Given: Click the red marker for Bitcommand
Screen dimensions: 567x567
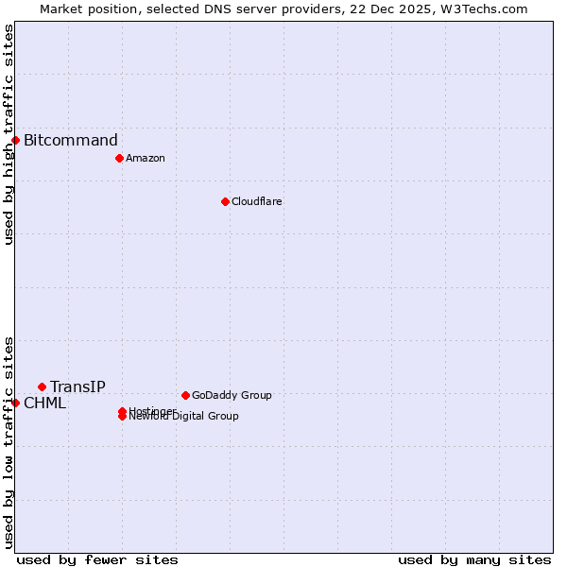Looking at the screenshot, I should click(x=16, y=141).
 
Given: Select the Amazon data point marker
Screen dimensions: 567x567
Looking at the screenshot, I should click(x=119, y=158).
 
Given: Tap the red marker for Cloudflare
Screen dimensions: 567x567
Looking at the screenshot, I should click(x=225, y=201).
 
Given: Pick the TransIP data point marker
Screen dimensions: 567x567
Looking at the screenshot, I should click(x=42, y=387).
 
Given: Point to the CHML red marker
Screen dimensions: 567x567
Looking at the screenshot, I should click(x=16, y=403).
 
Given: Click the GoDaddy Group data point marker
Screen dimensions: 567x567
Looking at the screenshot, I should click(x=185, y=395).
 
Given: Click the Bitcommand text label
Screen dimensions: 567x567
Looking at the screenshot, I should click(x=71, y=141).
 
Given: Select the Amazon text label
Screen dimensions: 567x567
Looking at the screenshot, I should click(x=145, y=158).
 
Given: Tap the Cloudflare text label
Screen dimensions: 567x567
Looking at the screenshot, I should click(x=256, y=201).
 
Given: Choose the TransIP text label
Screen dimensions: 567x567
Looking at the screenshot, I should click(x=77, y=387).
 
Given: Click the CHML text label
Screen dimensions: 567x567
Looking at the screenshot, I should click(x=44, y=404).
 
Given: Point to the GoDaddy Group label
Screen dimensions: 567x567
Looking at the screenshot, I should click(x=232, y=395).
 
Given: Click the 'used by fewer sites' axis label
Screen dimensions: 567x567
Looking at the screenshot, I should click(x=97, y=559).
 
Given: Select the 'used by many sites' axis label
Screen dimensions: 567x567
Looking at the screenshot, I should click(x=474, y=559).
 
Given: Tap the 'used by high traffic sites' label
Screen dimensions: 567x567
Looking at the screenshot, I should click(x=9, y=134).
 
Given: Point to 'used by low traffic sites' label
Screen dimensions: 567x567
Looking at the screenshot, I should click(x=9, y=442).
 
